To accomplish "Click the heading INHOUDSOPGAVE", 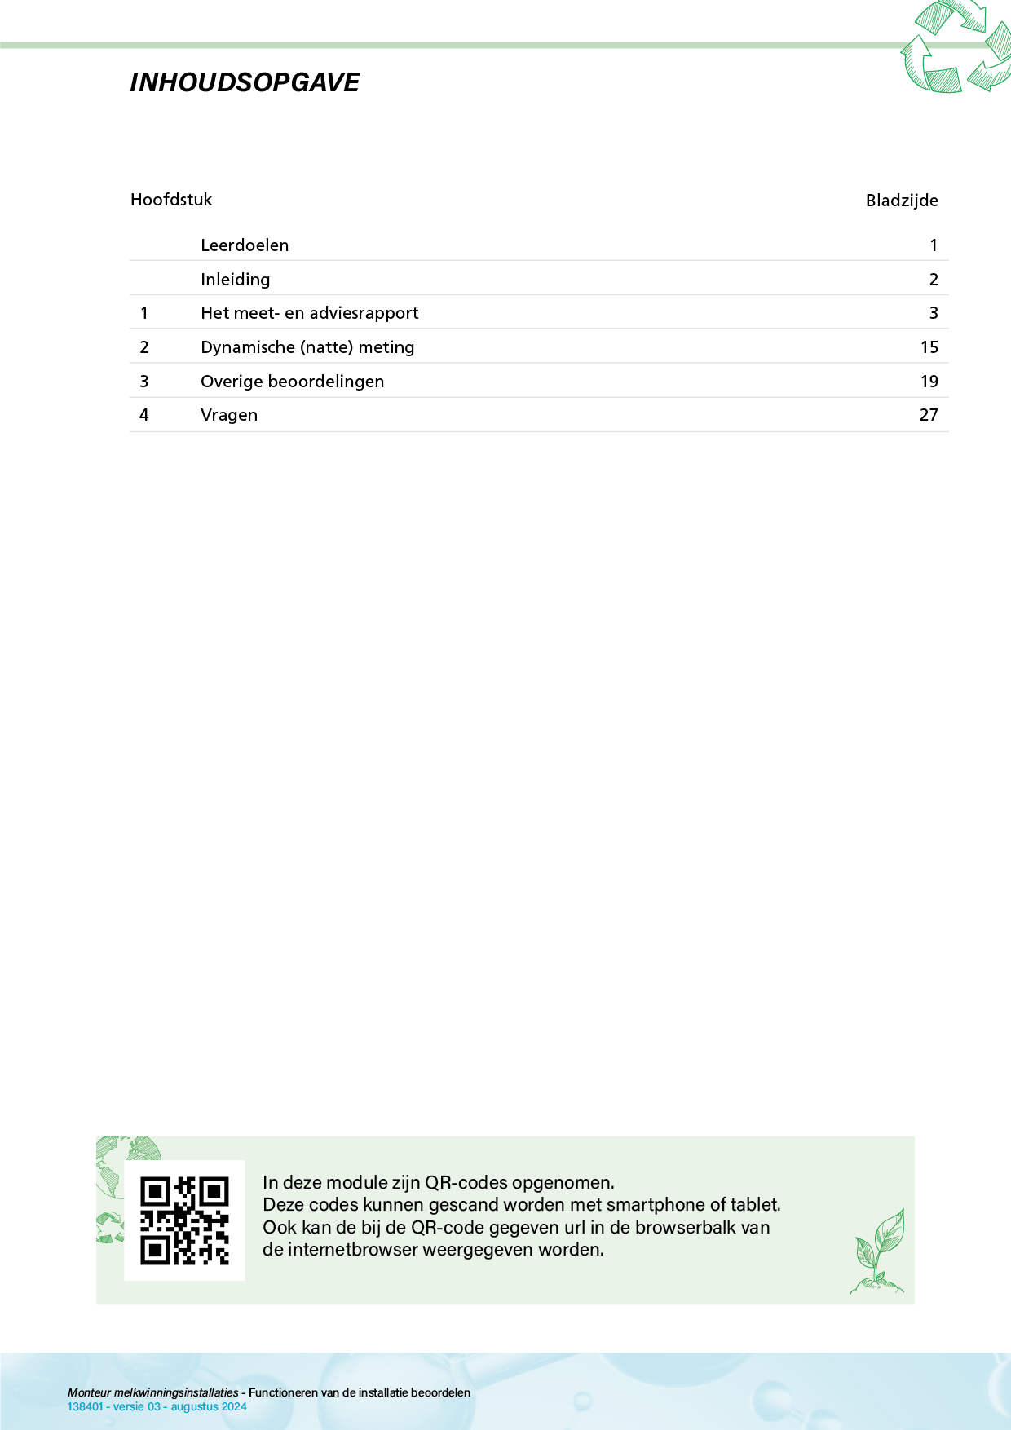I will [x=245, y=82].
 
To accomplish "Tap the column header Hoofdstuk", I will [x=171, y=200].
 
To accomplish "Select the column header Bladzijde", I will [x=902, y=201].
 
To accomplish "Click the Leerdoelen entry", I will [x=245, y=245].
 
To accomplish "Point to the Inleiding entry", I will [x=235, y=280].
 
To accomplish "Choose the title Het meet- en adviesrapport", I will [x=309, y=313].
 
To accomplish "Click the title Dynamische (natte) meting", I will [x=307, y=347].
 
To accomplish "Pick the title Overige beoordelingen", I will [x=292, y=382].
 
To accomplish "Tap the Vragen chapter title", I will [x=229, y=415].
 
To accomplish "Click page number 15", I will [x=929, y=347].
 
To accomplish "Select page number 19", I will [x=929, y=382].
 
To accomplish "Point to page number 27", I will [x=929, y=415].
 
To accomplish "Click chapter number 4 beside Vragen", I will [x=144, y=415].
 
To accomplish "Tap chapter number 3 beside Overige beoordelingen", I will [x=144, y=382].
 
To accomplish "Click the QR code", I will [x=184, y=1220].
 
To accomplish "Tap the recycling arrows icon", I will [x=956, y=47].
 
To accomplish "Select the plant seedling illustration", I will [x=878, y=1252].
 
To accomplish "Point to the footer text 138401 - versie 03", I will [x=114, y=1407].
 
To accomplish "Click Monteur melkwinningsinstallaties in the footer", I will [x=153, y=1392].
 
